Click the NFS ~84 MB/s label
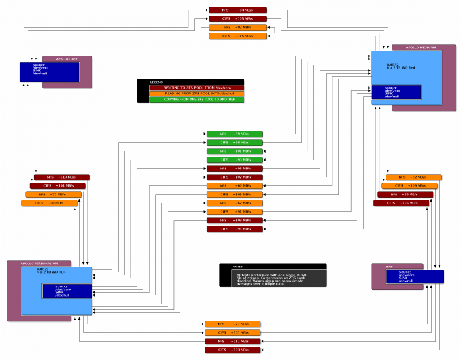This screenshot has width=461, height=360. [237, 10]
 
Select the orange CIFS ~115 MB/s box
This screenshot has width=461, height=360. [237, 36]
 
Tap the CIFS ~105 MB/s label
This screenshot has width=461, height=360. [237, 18]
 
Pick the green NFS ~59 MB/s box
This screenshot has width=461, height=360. [235, 134]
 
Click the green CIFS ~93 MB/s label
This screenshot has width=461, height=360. [235, 160]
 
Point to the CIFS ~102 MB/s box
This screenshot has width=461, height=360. [235, 177]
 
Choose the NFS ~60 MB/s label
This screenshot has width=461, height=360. [235, 185]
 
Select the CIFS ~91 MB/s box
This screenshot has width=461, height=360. [235, 211]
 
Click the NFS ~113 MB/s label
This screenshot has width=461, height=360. [62, 177]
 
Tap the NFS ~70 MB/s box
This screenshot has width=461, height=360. [53, 194]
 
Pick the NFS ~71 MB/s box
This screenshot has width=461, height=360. [232, 324]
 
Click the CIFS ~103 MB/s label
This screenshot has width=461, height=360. [232, 350]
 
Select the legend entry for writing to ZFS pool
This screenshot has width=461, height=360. [196, 88]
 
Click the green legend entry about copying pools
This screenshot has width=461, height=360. [196, 99]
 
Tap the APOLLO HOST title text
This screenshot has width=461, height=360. [67, 58]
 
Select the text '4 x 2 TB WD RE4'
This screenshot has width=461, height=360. [51, 271]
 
